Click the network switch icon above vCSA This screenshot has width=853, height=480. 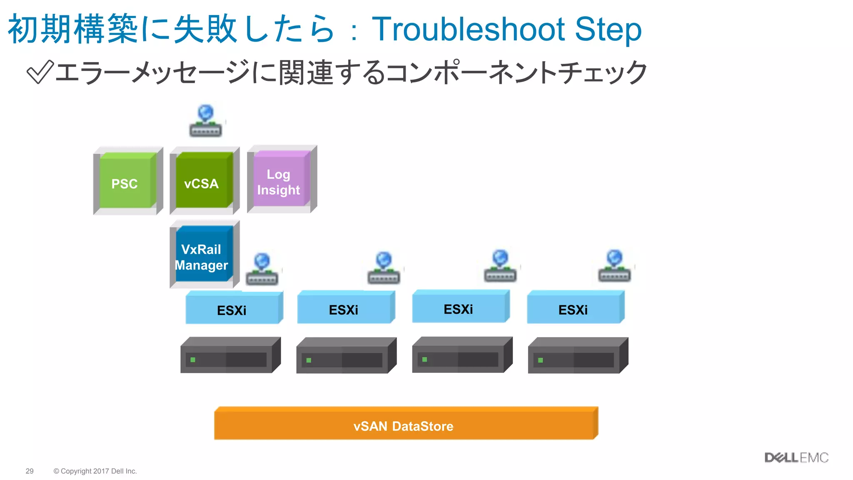(x=205, y=122)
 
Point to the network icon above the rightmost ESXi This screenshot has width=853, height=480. (x=614, y=267)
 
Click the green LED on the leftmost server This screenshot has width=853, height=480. (x=193, y=360)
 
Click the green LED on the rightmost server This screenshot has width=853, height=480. (x=540, y=360)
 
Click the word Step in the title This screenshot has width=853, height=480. (x=608, y=29)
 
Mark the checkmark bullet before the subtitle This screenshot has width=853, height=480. (x=40, y=72)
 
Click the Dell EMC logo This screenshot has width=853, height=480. (x=796, y=457)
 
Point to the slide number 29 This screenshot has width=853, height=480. (x=30, y=471)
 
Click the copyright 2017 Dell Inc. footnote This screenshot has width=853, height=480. (x=95, y=471)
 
